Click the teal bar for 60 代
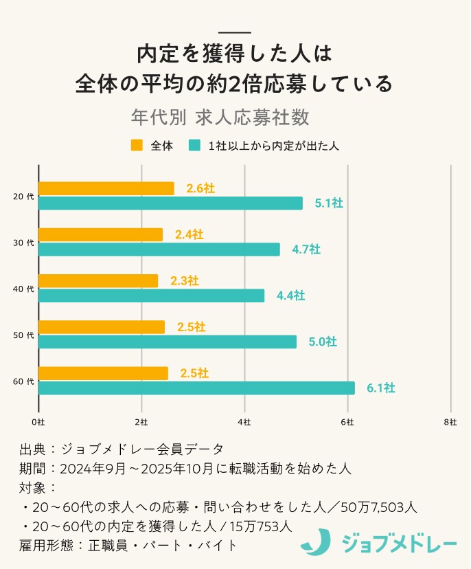[x=196, y=388]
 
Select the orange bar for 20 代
[x=106, y=188]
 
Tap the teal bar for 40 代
[x=151, y=295]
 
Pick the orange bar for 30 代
[x=101, y=234]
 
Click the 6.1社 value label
[x=380, y=388]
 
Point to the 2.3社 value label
[x=185, y=280]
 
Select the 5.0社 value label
[x=322, y=342]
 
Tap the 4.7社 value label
[x=306, y=249]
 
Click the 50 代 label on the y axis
[x=23, y=335]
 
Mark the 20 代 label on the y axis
[x=23, y=197]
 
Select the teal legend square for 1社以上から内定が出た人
[x=195, y=146]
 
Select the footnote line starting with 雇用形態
[x=129, y=546]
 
